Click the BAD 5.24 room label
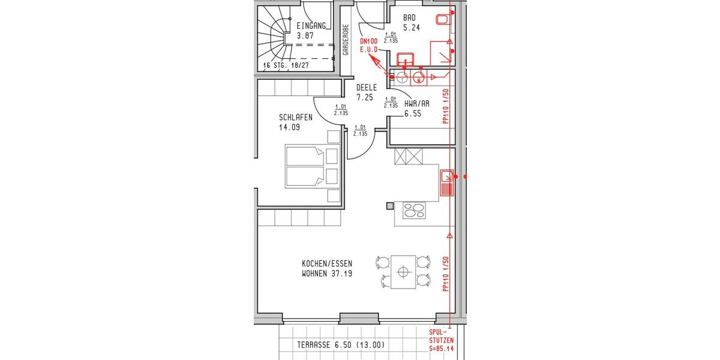click(411, 23)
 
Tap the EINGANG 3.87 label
click(311, 30)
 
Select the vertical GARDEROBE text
click(346, 40)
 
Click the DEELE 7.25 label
click(366, 92)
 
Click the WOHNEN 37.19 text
click(327, 274)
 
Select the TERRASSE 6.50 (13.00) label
click(340, 345)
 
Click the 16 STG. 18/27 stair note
click(287, 66)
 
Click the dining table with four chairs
click(403, 272)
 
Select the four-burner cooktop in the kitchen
click(413, 210)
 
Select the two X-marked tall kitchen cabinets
click(409, 157)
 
